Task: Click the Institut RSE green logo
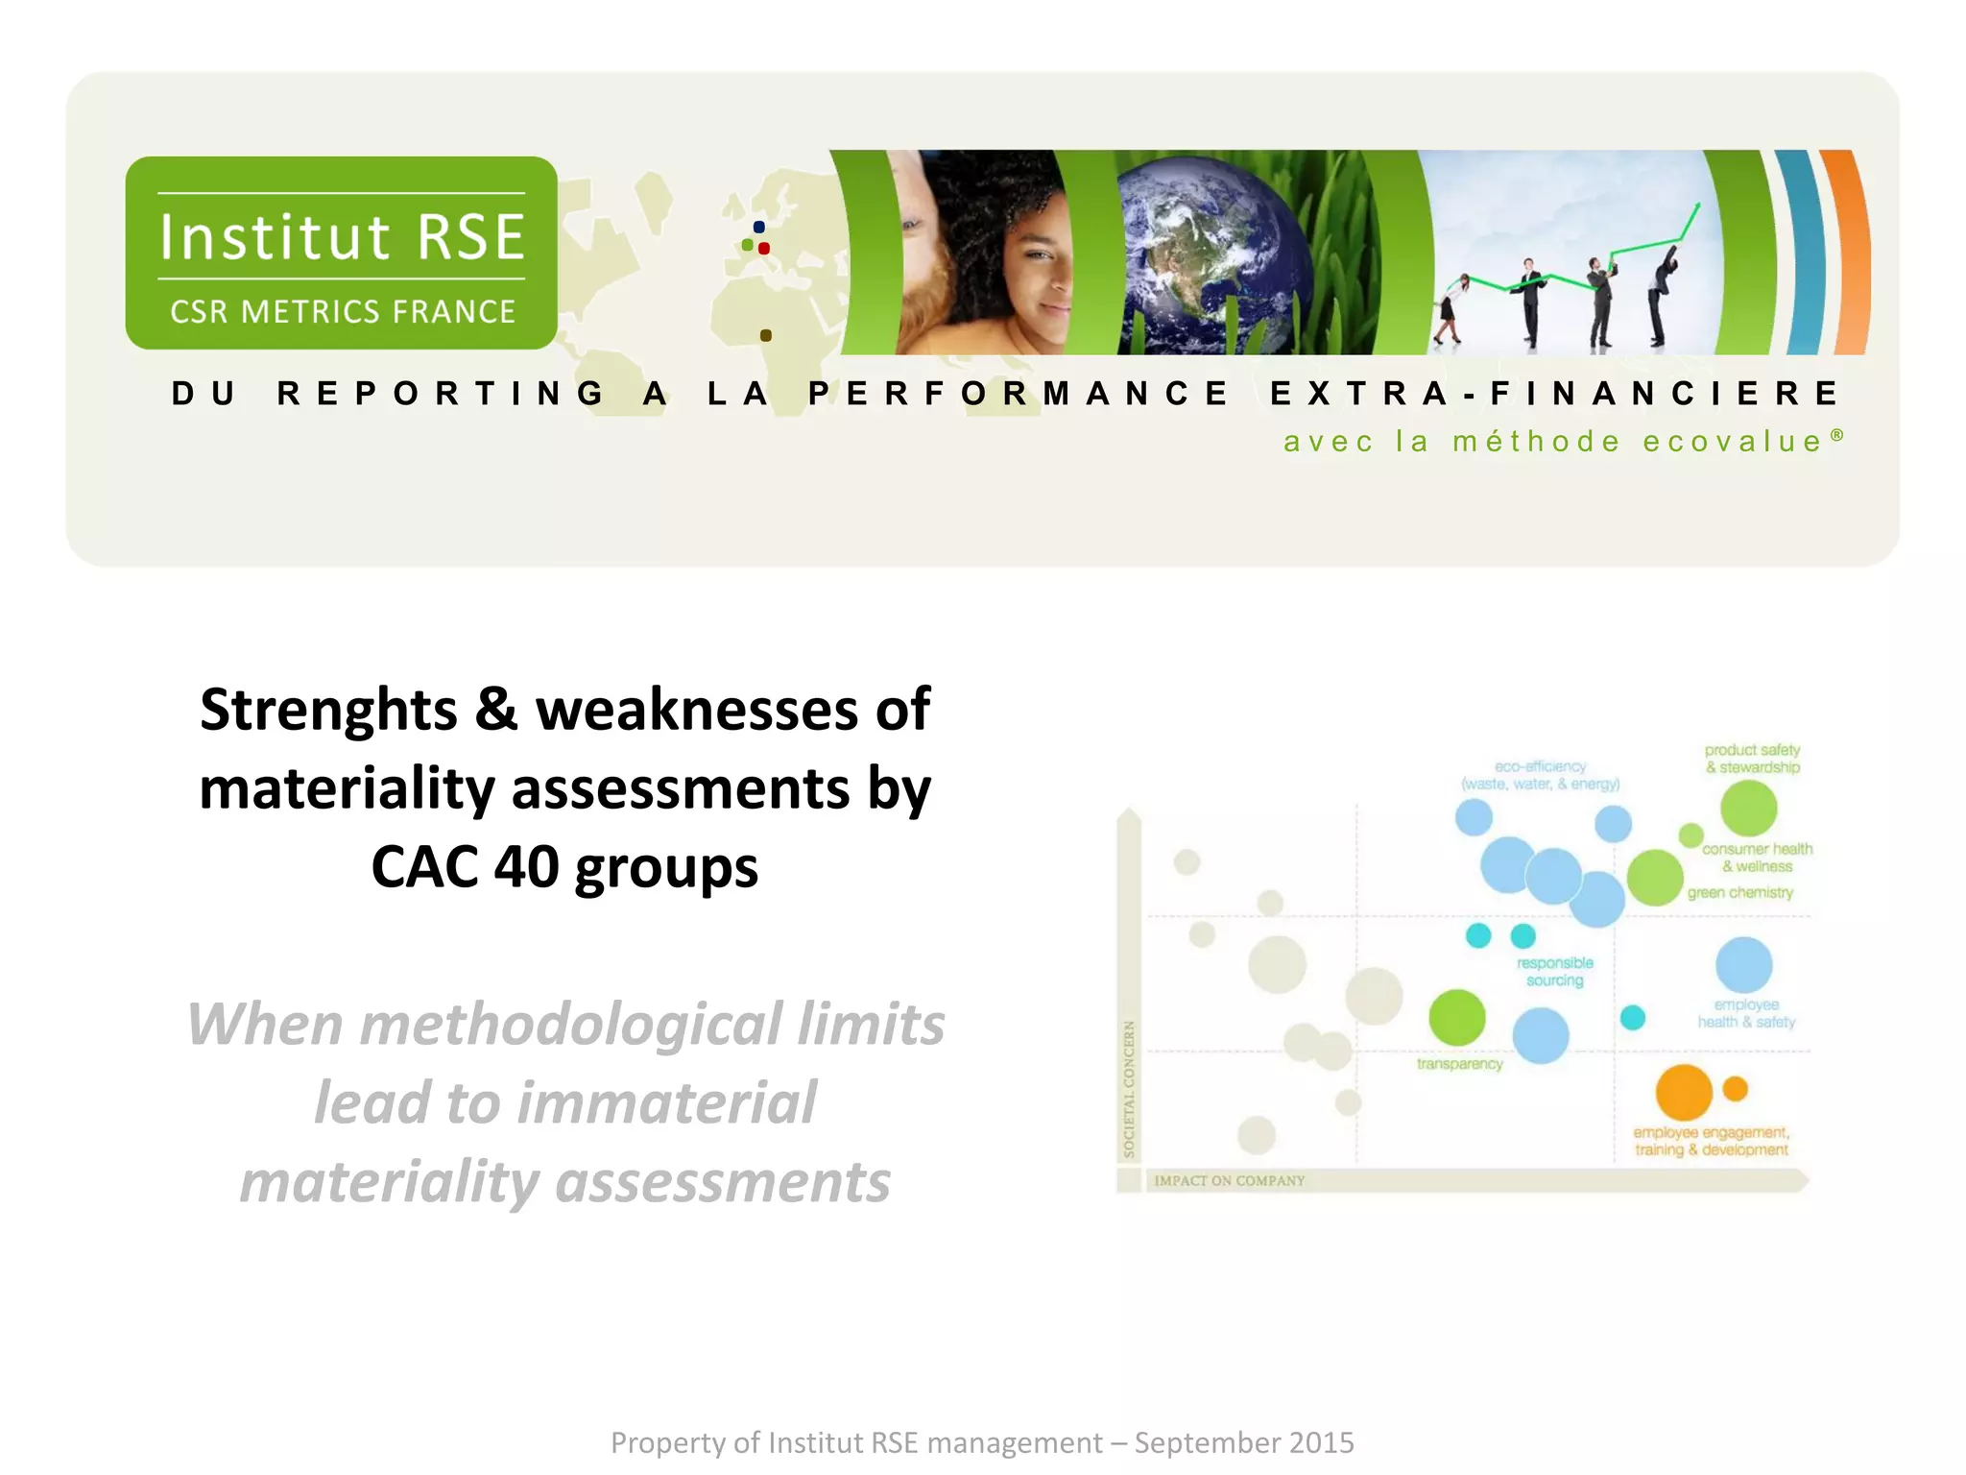(341, 253)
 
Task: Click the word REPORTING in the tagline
(440, 393)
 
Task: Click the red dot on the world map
(764, 249)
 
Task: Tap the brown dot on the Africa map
(765, 335)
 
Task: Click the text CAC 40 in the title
(465, 867)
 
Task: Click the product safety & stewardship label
(1752, 759)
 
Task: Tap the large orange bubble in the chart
(1684, 1092)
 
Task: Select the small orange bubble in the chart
(1735, 1088)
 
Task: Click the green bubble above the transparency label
(1456, 1017)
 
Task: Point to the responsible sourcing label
(1554, 971)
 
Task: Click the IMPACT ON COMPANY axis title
(1229, 1180)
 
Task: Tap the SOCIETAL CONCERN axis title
(1129, 1088)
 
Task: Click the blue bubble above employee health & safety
(1743, 964)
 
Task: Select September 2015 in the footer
(1244, 1442)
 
